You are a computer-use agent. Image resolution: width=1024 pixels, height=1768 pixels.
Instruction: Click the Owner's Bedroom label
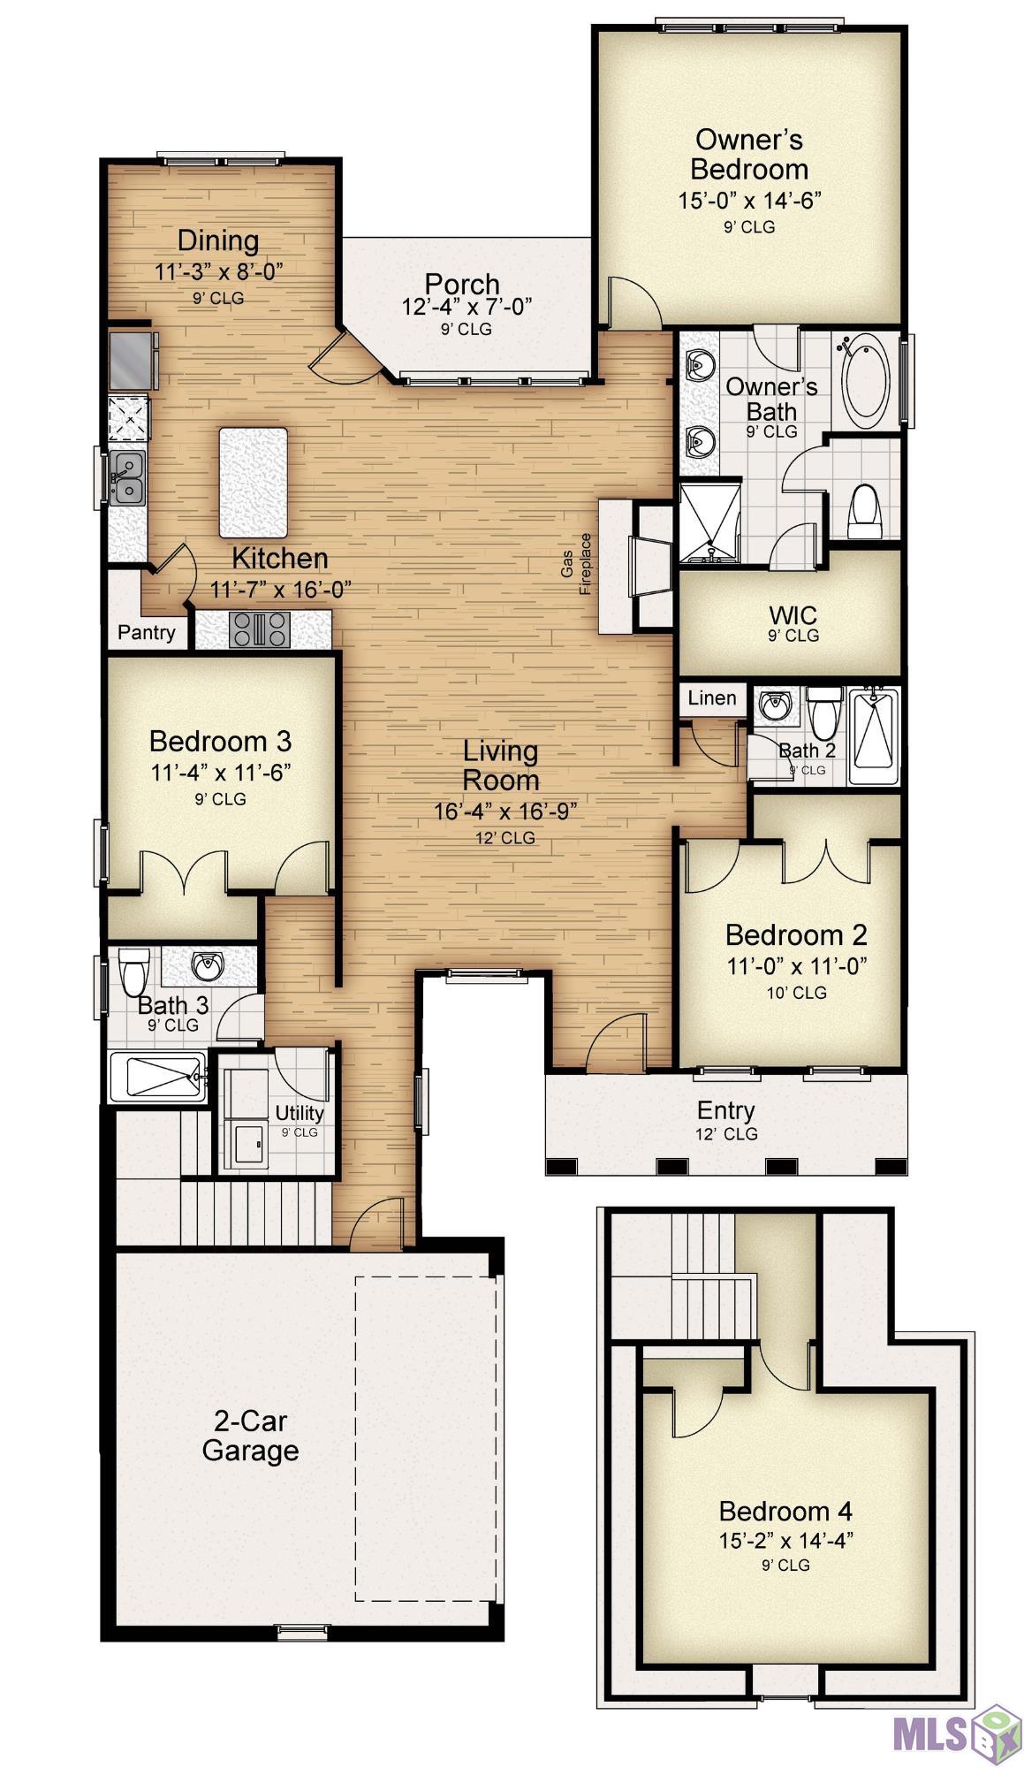click(x=749, y=154)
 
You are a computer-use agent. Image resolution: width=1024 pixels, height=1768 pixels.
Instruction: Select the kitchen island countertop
click(x=254, y=483)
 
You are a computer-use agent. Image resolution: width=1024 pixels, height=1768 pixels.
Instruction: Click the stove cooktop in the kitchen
click(x=260, y=630)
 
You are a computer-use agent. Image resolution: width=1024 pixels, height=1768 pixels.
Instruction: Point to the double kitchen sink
click(x=128, y=477)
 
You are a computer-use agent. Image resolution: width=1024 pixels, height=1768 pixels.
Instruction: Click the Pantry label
click(x=147, y=632)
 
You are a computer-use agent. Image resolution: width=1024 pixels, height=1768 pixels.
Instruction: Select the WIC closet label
click(x=793, y=614)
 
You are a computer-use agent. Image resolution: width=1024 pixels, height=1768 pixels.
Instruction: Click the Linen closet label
click(x=712, y=697)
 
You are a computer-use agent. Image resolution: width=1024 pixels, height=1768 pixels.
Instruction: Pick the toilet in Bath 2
click(x=823, y=713)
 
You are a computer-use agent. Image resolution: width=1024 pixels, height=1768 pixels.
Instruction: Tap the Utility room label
click(x=300, y=1113)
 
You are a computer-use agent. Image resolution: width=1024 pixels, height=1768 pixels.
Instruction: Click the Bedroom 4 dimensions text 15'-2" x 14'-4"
click(x=785, y=1541)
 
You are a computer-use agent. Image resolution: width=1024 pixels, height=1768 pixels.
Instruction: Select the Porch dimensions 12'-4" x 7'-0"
click(x=466, y=307)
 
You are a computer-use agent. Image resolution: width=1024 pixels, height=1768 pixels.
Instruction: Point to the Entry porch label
click(x=725, y=1110)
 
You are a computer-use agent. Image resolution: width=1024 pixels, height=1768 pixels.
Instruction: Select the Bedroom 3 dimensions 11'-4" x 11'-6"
click(x=221, y=773)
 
